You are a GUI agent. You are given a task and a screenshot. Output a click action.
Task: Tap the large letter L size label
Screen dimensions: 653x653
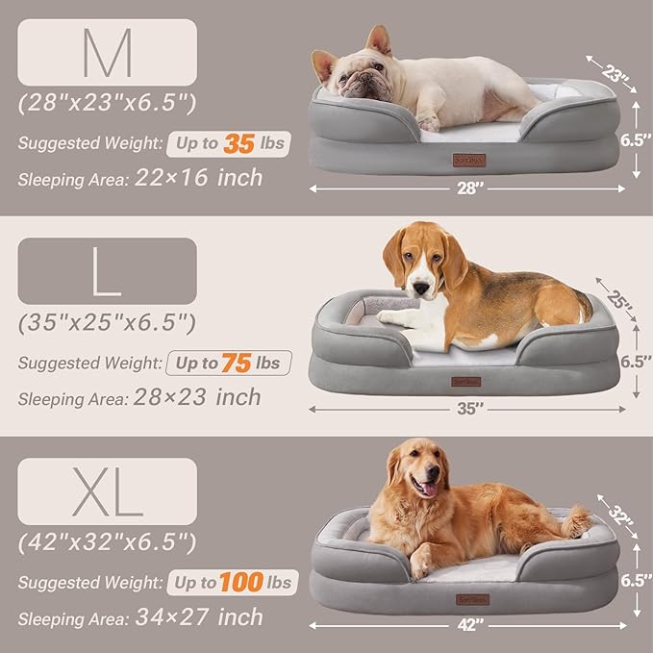[107, 273]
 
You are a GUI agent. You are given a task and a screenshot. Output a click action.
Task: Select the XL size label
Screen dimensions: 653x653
[107, 491]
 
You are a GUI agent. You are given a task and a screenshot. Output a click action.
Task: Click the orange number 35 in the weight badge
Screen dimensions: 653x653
[240, 144]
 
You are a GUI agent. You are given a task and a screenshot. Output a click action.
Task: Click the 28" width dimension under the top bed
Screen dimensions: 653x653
[468, 188]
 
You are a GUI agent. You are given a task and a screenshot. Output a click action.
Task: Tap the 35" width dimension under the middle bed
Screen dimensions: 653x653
[468, 408]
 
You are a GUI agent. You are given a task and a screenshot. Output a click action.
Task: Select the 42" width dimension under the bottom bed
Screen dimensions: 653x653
[468, 627]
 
